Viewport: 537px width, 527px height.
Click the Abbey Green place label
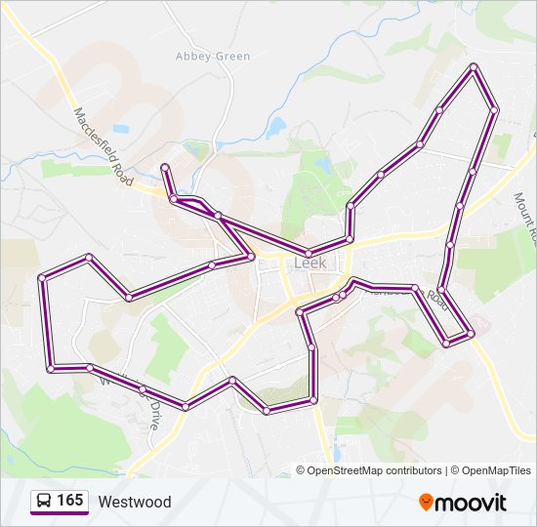212,56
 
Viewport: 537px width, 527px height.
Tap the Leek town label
310,263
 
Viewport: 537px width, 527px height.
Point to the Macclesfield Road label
103,146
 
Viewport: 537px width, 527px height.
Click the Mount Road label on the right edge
526,217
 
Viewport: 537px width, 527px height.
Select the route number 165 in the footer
69,502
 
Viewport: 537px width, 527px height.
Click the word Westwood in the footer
134,503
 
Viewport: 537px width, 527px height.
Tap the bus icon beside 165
45,502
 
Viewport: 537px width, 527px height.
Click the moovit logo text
472,503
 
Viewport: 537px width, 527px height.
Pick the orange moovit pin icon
426,502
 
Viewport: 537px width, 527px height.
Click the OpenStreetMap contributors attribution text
374,470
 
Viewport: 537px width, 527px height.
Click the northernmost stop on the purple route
474,66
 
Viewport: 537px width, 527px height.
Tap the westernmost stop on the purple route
42,278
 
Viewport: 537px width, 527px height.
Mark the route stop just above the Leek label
309,254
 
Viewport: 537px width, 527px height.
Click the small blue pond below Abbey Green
276,128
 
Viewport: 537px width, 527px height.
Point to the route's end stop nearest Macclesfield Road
164,167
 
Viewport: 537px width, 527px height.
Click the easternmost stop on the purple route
494,110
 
